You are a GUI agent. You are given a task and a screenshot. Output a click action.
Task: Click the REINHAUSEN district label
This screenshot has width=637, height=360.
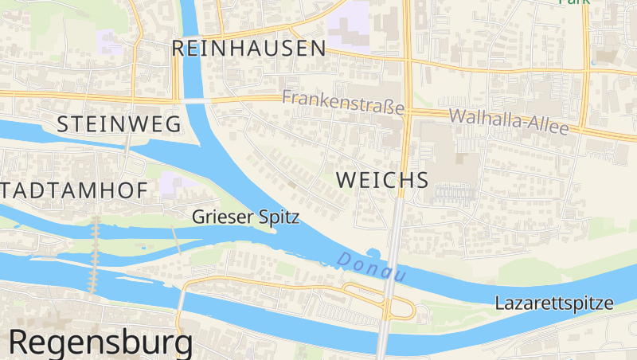[248, 49]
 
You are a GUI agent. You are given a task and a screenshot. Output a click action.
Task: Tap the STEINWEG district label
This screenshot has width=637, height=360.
[119, 123]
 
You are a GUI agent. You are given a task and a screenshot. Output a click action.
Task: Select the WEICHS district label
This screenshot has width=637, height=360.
[382, 180]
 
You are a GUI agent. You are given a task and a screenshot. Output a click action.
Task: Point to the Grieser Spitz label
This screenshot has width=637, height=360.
[245, 216]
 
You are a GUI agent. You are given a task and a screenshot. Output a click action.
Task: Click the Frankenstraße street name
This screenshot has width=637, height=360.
[343, 102]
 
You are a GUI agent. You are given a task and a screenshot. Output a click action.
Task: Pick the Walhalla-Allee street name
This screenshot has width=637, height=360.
[509, 121]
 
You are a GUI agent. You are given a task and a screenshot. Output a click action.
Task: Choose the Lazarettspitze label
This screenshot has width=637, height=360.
[554, 303]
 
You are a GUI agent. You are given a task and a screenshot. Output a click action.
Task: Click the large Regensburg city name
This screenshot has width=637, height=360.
[100, 342]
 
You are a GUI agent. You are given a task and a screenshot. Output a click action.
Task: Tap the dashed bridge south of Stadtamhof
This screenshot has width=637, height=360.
[95, 255]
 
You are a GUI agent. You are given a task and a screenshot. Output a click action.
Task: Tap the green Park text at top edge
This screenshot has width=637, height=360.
[573, 2]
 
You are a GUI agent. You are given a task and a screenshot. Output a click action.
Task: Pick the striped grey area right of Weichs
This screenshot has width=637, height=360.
[453, 193]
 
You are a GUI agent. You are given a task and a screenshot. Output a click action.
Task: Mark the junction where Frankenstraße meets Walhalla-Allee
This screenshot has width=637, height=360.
[408, 111]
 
